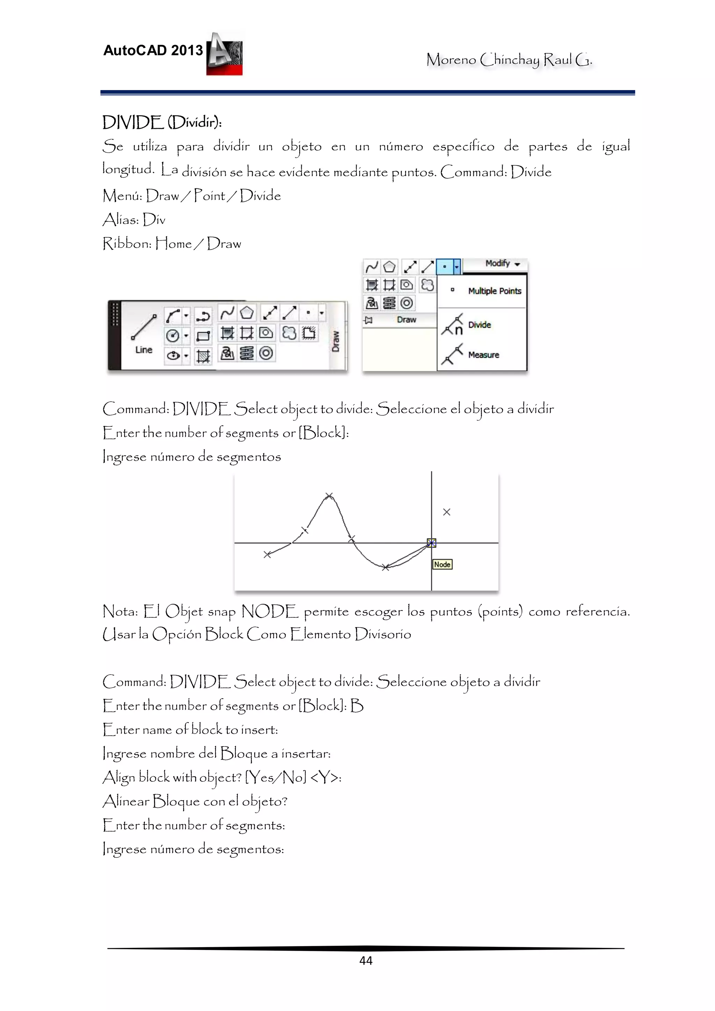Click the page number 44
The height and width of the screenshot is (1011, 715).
pyautogui.click(x=366, y=961)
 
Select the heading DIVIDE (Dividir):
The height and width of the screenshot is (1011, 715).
pyautogui.click(x=162, y=122)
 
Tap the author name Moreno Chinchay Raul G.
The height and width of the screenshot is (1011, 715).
pyautogui.click(x=509, y=59)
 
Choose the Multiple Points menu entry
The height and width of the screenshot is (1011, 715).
pyautogui.click(x=494, y=291)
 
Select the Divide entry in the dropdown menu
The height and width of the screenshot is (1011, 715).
pyautogui.click(x=479, y=325)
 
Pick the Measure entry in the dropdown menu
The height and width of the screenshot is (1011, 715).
pyautogui.click(x=483, y=355)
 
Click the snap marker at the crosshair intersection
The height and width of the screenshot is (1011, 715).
pyautogui.click(x=431, y=543)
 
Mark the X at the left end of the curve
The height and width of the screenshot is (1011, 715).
pyautogui.click(x=267, y=555)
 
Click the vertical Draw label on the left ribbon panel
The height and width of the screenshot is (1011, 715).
pyautogui.click(x=336, y=341)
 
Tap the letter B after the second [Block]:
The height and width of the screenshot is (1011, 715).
pyautogui.click(x=357, y=706)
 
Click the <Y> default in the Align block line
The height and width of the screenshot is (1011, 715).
pyautogui.click(x=325, y=778)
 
